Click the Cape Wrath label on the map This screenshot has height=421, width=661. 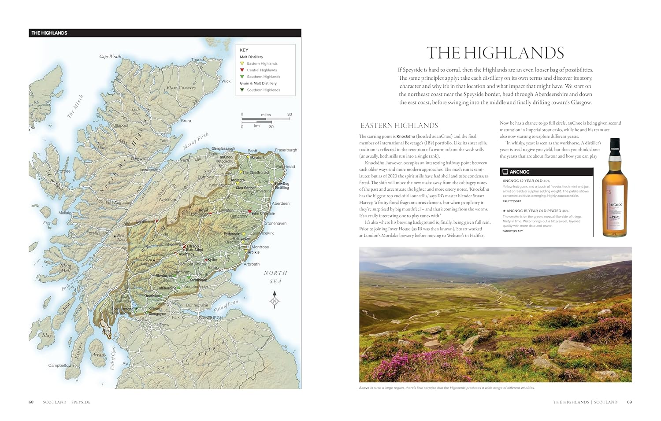pos(110,56)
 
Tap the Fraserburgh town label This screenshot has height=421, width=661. pos(286,150)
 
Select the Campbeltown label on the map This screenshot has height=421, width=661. pos(61,366)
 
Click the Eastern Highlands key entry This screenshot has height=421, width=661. pos(262,63)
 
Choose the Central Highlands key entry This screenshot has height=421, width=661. pos(262,70)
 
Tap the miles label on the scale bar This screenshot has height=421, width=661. pos(266,114)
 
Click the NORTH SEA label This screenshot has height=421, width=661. pos(275,277)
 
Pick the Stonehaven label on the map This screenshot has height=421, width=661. pos(275,223)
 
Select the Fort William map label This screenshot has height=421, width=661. pos(97,233)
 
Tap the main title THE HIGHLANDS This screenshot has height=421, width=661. pos(495,53)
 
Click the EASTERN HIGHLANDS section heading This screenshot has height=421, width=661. pos(399,126)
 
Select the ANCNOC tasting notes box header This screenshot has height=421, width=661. pos(519,172)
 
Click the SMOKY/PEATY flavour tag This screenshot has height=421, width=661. pos(512,231)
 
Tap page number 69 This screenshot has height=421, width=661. pos(629,402)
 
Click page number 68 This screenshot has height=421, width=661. pos(31,402)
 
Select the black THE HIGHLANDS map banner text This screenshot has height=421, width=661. pos(49,33)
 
